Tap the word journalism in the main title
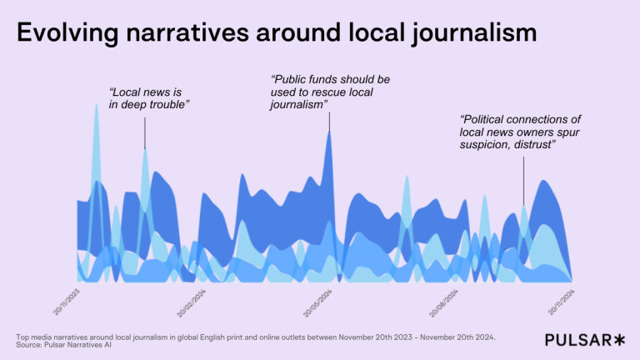point(471,34)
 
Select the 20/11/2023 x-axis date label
point(66,301)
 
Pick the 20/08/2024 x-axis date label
point(443,301)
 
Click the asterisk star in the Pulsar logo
point(617,339)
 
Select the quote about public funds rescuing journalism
point(329,92)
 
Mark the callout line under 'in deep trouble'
point(145,132)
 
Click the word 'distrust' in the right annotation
point(535,145)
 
